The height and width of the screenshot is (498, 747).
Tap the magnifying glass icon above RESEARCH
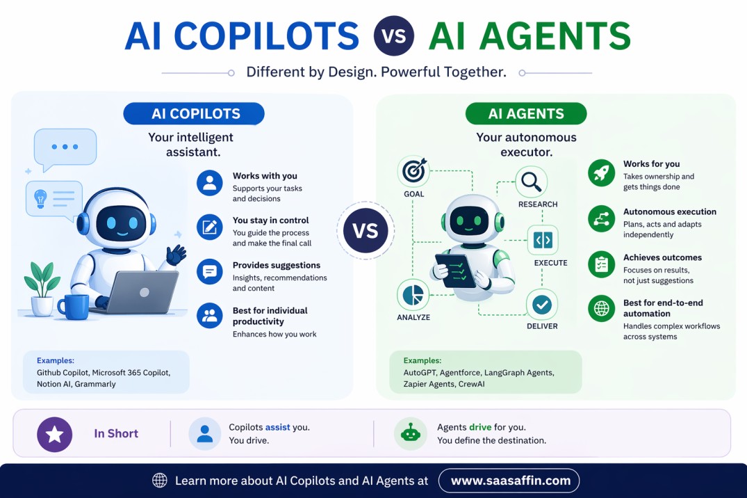click(532, 182)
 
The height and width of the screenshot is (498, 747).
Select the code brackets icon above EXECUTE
click(543, 241)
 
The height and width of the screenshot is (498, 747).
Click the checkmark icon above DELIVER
click(542, 304)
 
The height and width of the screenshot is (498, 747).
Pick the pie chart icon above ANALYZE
click(413, 295)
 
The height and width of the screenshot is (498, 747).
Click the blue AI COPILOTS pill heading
click(194, 113)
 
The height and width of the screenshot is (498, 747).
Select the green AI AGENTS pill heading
click(526, 113)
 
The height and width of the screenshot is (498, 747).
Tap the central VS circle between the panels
click(366, 231)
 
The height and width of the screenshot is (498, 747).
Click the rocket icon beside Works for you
click(601, 172)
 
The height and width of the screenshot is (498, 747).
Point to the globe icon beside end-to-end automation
click(601, 309)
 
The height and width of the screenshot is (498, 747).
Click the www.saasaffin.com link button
click(509, 480)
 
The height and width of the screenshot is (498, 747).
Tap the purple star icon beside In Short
click(54, 434)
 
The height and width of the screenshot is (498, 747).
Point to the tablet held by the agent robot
click(455, 270)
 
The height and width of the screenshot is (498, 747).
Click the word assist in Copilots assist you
click(278, 427)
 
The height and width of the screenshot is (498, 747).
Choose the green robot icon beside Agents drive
click(411, 433)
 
